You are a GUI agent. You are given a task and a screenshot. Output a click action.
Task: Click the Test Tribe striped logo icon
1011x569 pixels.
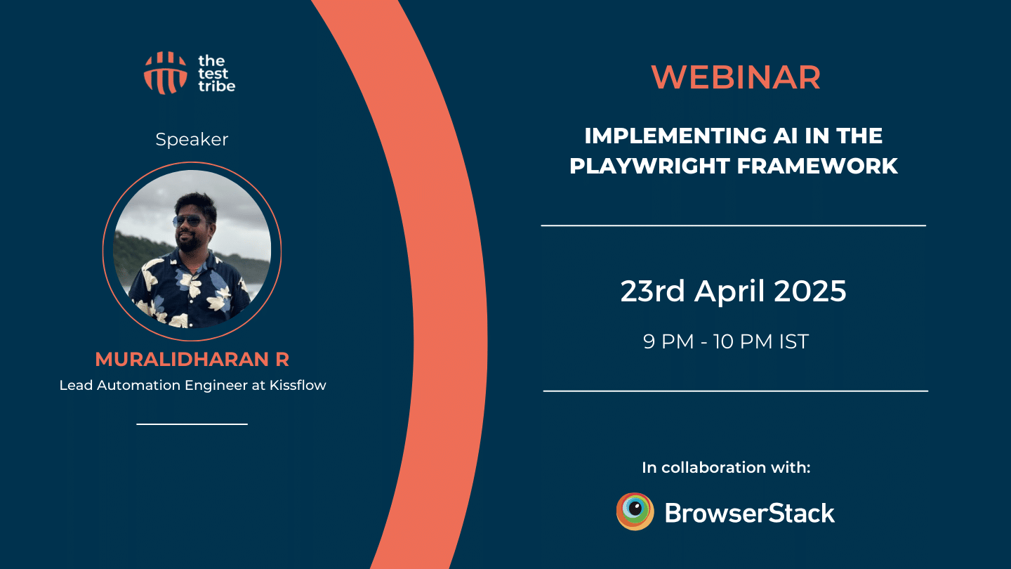pyautogui.click(x=165, y=73)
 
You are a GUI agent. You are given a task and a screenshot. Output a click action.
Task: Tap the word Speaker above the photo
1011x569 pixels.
pyautogui.click(x=192, y=139)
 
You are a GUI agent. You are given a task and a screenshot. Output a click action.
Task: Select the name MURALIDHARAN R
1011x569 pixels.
pyautogui.click(x=192, y=360)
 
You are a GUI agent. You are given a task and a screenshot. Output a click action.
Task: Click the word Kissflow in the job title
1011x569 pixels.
pyautogui.click(x=298, y=385)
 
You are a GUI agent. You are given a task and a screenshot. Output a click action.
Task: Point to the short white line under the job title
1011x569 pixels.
pyautogui.click(x=192, y=424)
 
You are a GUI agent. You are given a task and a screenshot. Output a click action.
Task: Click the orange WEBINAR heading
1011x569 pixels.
pyautogui.click(x=736, y=77)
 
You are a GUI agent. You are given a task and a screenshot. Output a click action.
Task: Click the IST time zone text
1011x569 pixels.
pyautogui.click(x=793, y=342)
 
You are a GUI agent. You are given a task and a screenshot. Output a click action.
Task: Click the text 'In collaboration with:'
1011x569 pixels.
pyautogui.click(x=726, y=467)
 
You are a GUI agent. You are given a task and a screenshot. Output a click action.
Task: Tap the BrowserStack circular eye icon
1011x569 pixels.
pyautogui.click(x=635, y=511)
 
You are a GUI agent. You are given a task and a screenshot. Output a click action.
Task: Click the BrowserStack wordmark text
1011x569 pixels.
pyautogui.click(x=749, y=513)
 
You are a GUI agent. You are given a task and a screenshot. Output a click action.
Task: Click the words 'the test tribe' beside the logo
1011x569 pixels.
pyautogui.click(x=215, y=73)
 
